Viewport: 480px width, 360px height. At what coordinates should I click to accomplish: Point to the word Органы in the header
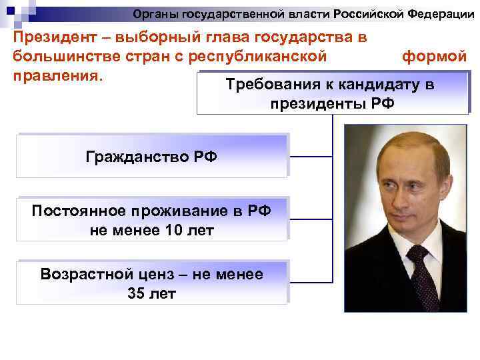154,13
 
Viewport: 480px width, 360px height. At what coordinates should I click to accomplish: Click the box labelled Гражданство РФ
152,157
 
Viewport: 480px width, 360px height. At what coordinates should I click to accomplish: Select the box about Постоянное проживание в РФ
152,220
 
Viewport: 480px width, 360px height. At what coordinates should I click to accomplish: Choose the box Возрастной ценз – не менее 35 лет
152,283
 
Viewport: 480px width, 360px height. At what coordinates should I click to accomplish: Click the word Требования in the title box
266,85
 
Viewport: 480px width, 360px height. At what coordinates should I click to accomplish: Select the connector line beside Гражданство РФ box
310,157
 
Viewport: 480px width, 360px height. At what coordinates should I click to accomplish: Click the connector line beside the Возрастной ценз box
310,283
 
